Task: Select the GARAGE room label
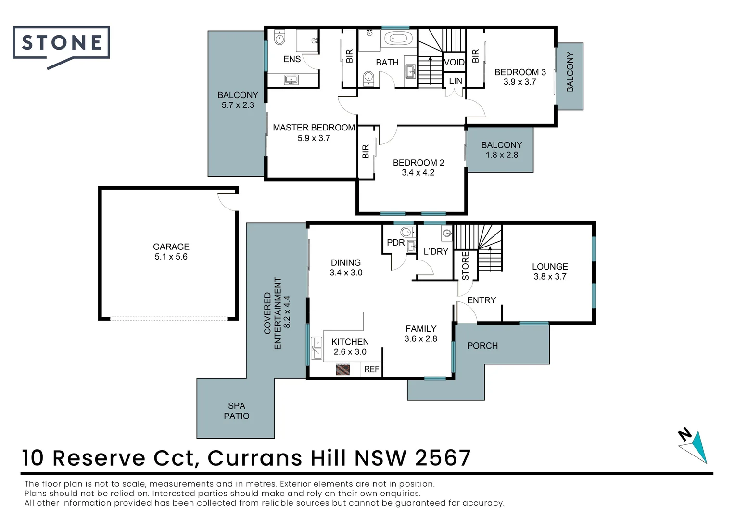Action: click(171, 247)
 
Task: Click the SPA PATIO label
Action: click(236, 411)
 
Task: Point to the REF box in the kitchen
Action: click(371, 369)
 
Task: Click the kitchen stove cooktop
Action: click(343, 369)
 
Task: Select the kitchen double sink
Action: click(317, 348)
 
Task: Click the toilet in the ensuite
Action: click(279, 38)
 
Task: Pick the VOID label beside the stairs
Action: click(454, 62)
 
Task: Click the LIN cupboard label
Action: click(455, 81)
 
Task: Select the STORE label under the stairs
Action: click(465, 266)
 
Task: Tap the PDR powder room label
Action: click(395, 243)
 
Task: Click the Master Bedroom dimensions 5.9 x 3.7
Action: click(314, 138)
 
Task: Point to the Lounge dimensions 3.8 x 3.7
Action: click(550, 277)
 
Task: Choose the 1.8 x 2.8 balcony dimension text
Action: click(502, 155)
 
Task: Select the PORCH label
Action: click(482, 346)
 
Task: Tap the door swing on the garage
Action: click(227, 201)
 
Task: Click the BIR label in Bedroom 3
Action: click(475, 56)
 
